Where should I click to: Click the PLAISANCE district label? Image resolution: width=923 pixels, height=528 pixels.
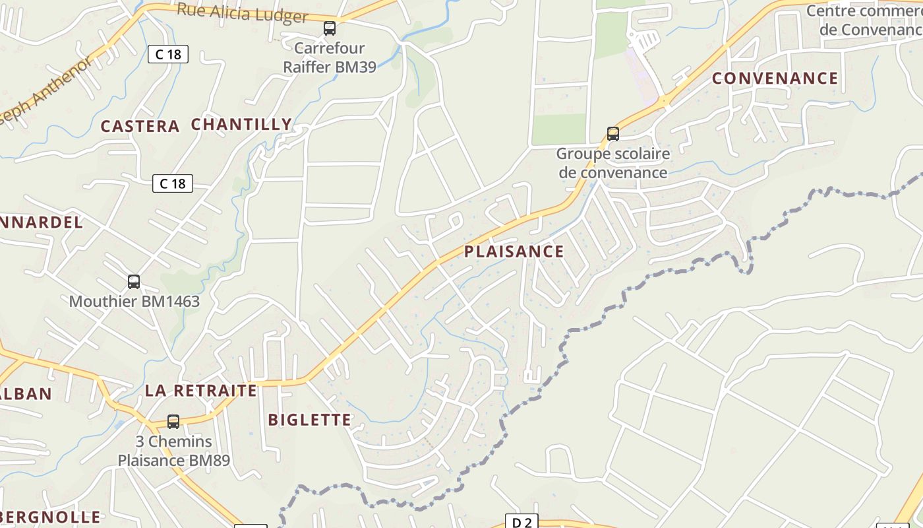point(514,251)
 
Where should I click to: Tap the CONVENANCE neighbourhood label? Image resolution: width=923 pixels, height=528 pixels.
point(775,79)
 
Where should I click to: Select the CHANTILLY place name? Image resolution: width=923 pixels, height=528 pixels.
point(241,124)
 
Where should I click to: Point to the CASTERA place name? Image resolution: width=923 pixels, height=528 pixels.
point(140,126)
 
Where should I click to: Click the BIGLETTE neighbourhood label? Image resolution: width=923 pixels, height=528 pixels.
point(310,420)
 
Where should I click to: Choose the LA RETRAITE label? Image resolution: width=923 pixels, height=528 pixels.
point(200,390)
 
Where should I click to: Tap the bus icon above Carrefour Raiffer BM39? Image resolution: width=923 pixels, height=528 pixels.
point(330,28)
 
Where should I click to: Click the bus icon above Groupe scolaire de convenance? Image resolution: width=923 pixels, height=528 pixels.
point(613,134)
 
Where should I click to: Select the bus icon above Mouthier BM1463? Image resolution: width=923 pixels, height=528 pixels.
point(134,282)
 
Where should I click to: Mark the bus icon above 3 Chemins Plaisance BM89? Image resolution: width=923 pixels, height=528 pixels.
point(173,421)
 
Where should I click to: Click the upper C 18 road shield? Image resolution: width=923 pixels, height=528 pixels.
point(168,54)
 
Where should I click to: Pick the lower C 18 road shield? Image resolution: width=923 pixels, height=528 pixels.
point(173,183)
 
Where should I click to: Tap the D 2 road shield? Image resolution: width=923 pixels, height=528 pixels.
point(521,522)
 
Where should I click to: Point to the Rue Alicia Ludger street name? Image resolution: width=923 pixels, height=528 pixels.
point(243,13)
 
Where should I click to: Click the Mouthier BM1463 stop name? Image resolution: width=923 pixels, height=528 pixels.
point(134,302)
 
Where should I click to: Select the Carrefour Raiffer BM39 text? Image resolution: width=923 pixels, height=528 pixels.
point(330,57)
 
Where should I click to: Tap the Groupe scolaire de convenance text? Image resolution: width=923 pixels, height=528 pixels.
point(613,163)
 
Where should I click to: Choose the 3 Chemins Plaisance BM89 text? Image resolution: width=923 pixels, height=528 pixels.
point(174,451)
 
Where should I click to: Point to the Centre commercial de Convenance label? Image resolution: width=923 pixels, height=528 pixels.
point(864,20)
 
